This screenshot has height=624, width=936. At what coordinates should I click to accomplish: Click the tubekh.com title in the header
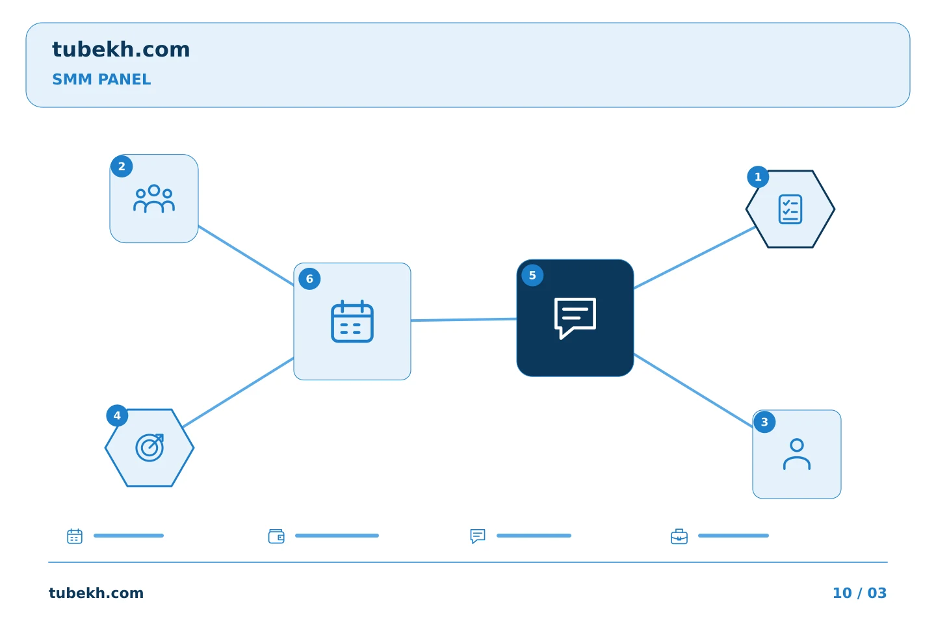click(121, 49)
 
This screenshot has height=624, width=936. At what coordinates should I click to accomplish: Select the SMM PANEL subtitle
click(101, 79)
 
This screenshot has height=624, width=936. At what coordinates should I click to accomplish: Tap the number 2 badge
click(122, 166)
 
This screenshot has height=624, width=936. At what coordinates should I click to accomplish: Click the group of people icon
click(154, 198)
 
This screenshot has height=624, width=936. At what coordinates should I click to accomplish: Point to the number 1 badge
click(758, 177)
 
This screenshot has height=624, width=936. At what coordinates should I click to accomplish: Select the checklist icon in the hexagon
click(790, 209)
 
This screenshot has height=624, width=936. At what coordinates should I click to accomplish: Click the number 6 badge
click(309, 279)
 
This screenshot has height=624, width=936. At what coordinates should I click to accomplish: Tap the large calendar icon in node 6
click(352, 321)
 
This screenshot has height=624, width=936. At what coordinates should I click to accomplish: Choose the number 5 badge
click(532, 276)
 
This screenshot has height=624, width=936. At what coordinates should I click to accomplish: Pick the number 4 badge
click(117, 415)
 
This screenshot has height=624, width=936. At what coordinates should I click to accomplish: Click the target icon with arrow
click(149, 448)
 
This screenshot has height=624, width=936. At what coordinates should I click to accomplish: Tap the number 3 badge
click(764, 422)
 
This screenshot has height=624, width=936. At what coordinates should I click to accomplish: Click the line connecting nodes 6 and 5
click(464, 320)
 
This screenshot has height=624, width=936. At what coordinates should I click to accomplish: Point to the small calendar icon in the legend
click(75, 536)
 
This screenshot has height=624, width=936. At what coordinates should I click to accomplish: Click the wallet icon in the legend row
click(276, 536)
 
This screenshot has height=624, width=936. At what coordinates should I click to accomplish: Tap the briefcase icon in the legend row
click(679, 536)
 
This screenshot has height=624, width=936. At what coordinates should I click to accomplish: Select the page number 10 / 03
click(859, 593)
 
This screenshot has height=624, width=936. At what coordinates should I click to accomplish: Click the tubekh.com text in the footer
click(96, 593)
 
